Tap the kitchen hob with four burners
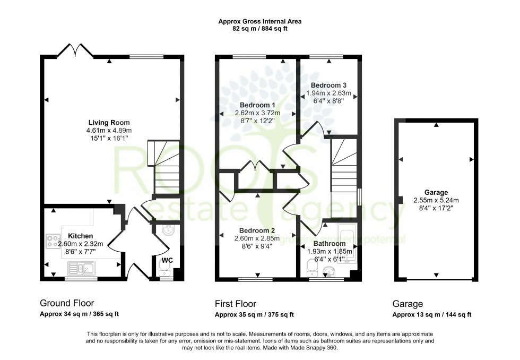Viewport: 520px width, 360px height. click(x=53, y=241)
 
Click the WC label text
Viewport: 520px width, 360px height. click(x=167, y=260)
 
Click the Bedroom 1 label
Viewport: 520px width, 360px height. click(x=257, y=105)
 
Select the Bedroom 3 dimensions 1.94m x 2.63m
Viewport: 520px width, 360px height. click(x=328, y=93)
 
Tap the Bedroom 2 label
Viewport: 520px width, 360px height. click(x=257, y=230)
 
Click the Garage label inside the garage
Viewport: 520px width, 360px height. click(x=436, y=192)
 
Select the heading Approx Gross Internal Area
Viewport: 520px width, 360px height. click(x=259, y=22)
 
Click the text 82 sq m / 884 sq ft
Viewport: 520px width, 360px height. click(x=259, y=29)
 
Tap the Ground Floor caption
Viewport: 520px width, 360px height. click(x=63, y=304)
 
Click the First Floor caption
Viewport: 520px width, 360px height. click(x=235, y=304)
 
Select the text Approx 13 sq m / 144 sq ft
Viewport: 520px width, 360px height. click(x=431, y=315)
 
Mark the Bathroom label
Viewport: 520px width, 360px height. click(x=328, y=244)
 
